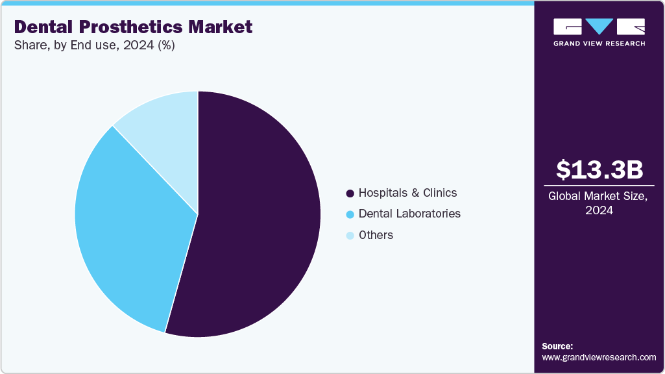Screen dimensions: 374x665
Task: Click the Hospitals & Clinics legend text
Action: (407, 193)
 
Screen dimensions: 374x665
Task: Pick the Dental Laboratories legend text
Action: (409, 214)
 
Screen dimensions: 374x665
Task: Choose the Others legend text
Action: (376, 235)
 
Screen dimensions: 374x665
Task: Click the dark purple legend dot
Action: (350, 193)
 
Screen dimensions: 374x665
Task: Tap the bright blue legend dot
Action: (350, 214)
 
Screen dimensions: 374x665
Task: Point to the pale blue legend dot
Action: (350, 236)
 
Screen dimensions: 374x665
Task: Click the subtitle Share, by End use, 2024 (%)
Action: (94, 45)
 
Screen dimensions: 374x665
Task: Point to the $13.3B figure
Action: (599, 169)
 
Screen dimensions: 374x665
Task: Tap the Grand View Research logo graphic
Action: (599, 27)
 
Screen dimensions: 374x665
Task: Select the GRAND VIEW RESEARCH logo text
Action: (599, 44)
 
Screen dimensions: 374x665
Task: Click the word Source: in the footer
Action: (557, 346)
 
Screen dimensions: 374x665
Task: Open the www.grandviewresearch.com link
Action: (599, 357)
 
